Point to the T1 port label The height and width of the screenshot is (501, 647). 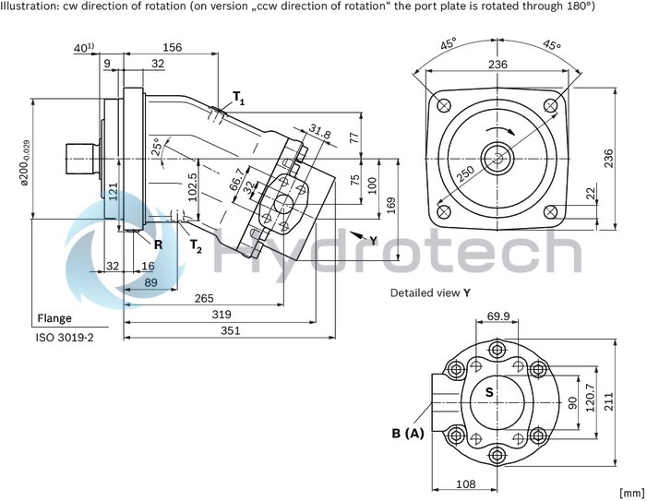point(239,98)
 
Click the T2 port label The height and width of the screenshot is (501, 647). point(196,245)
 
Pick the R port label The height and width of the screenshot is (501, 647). point(158,245)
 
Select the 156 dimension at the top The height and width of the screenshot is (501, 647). point(172,47)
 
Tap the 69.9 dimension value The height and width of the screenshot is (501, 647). point(498,317)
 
